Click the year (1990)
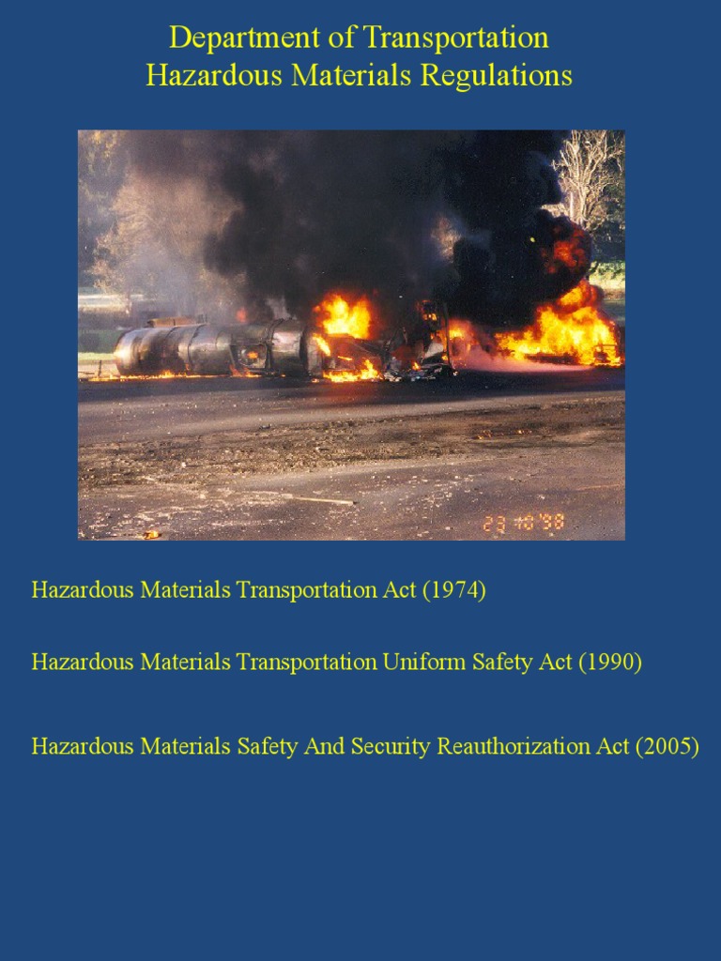609,662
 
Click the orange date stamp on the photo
523,523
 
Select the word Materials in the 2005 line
185,747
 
